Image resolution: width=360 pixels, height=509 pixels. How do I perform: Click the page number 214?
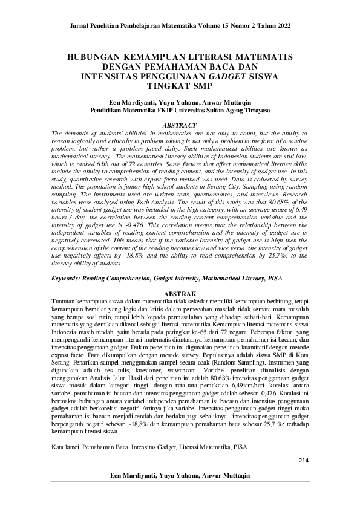(304, 461)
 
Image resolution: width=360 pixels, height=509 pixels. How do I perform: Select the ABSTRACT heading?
(180, 125)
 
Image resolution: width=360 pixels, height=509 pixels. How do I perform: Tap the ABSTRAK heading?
(180, 291)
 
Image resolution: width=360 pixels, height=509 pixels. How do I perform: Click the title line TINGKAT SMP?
(180, 86)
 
